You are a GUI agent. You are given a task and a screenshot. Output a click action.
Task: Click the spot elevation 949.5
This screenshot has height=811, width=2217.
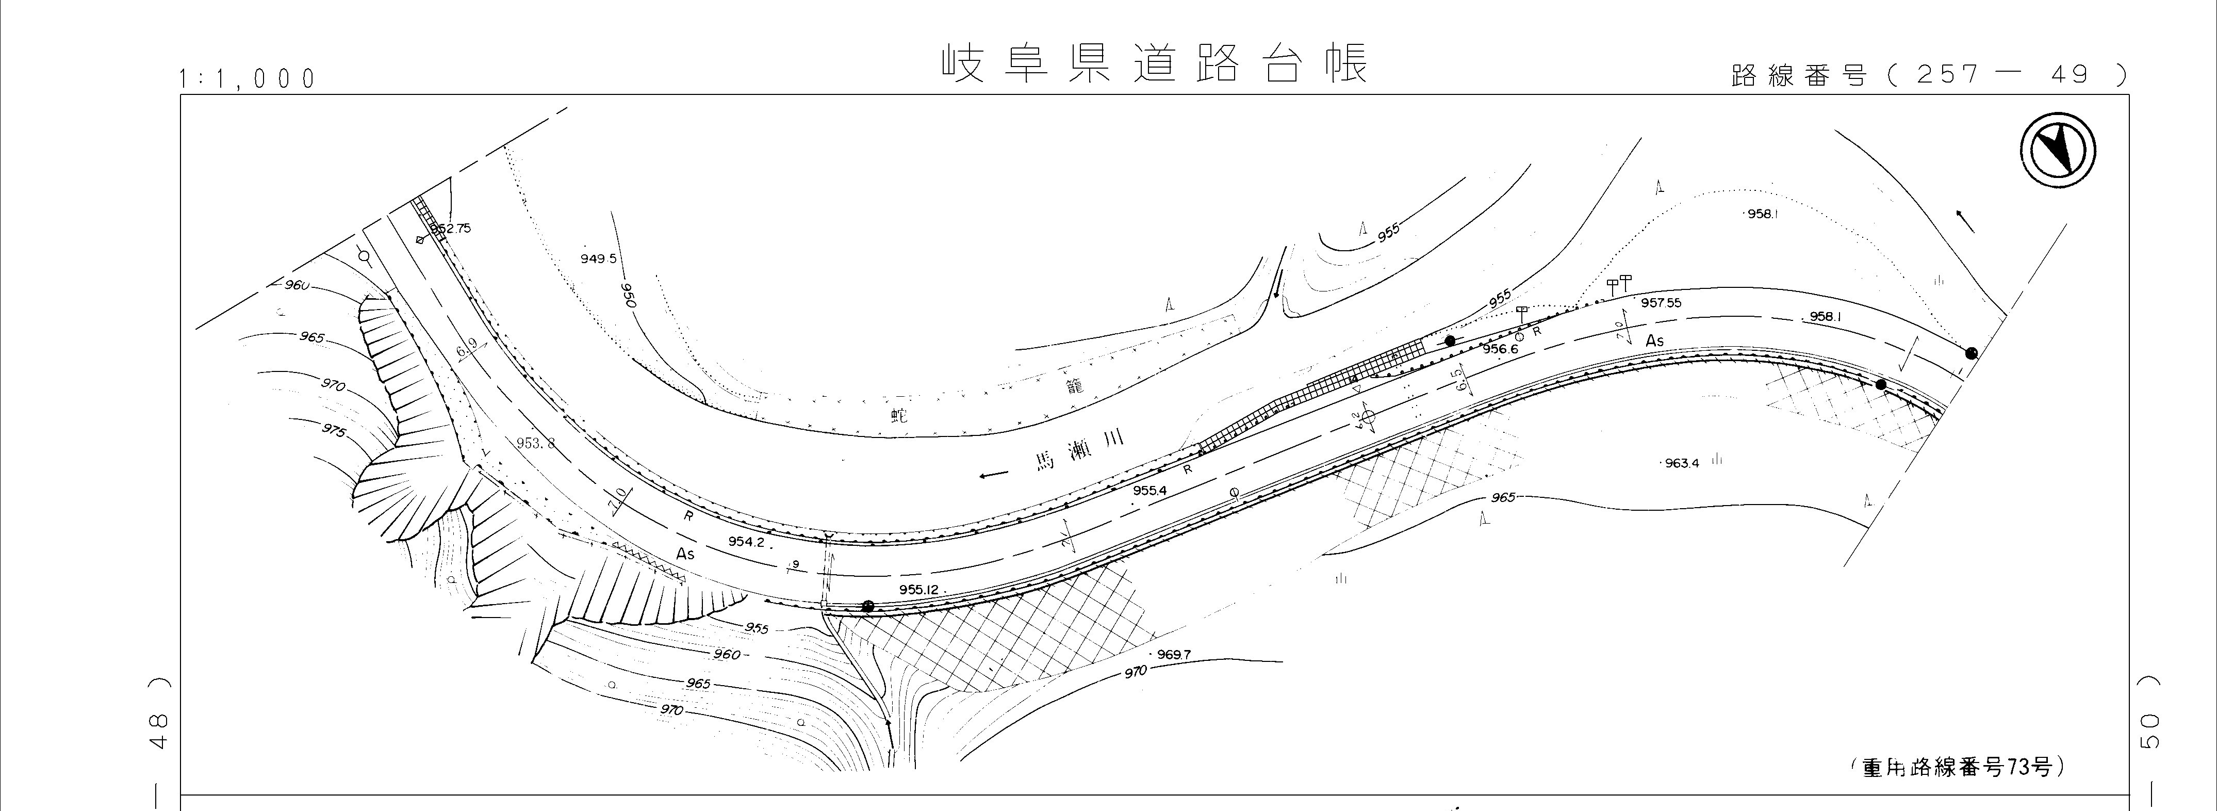pos(598,258)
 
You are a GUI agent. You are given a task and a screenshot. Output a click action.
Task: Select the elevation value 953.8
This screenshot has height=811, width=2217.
pos(535,443)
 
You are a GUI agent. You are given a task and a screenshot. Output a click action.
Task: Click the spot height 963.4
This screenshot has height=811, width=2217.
pos(1681,463)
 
